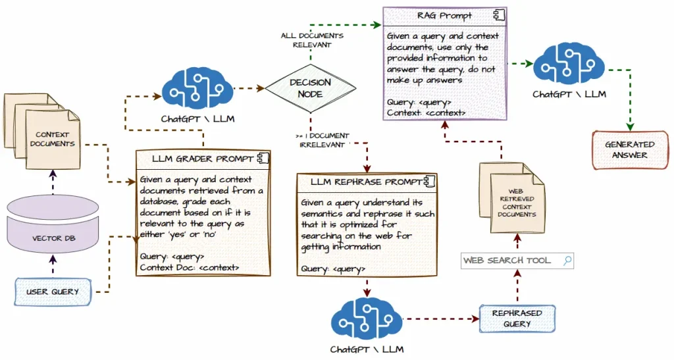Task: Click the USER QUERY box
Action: coord(52,292)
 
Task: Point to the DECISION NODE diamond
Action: coord(310,88)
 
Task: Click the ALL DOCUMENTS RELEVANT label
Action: coord(313,40)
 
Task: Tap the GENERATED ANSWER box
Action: coord(629,149)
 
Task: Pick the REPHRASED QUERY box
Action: coord(517,318)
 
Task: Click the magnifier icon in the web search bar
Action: coord(566,260)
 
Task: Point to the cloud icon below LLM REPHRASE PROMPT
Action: coord(367,319)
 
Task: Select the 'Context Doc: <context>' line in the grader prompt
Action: coord(189,267)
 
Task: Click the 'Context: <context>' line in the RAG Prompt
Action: coord(427,113)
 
